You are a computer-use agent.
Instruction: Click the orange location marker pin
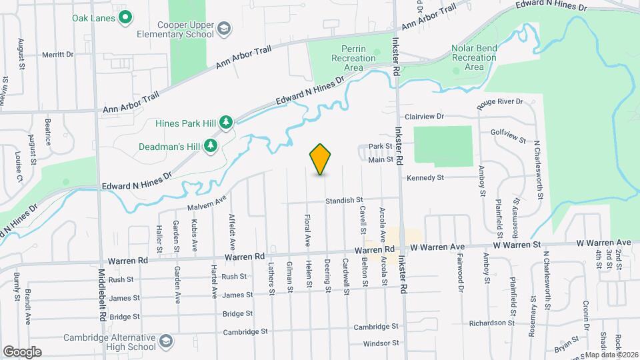coord(321,159)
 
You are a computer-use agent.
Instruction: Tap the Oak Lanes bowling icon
coord(125,18)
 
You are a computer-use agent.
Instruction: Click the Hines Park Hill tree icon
coord(226,122)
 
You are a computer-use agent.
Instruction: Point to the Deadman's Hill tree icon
coord(211,145)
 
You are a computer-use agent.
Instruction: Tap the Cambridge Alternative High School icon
coord(165,343)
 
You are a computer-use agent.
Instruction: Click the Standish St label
coord(344,200)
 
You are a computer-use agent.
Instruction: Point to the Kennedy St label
coord(426,178)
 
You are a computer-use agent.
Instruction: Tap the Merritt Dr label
coord(57,55)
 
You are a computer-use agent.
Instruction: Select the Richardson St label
coord(489,323)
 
